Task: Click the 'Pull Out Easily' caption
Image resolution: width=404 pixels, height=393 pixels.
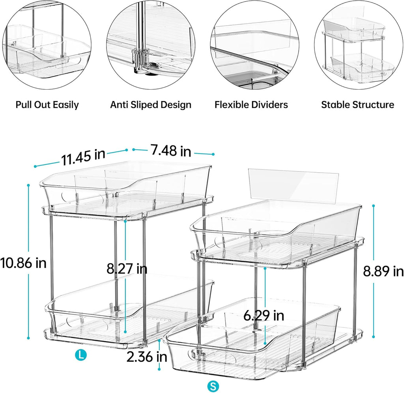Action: [x=47, y=105]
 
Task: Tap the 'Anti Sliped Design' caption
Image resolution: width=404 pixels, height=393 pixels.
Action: [x=151, y=105]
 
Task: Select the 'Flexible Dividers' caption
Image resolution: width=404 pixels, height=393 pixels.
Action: [x=251, y=105]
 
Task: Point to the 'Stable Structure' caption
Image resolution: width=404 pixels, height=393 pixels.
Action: [x=357, y=105]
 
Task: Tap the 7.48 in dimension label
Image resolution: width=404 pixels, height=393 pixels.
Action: [x=170, y=150]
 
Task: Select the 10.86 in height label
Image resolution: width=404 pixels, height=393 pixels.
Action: [x=23, y=262]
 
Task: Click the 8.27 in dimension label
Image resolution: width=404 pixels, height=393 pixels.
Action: [x=127, y=269]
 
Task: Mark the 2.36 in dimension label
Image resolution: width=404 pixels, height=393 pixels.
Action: [x=147, y=357]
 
